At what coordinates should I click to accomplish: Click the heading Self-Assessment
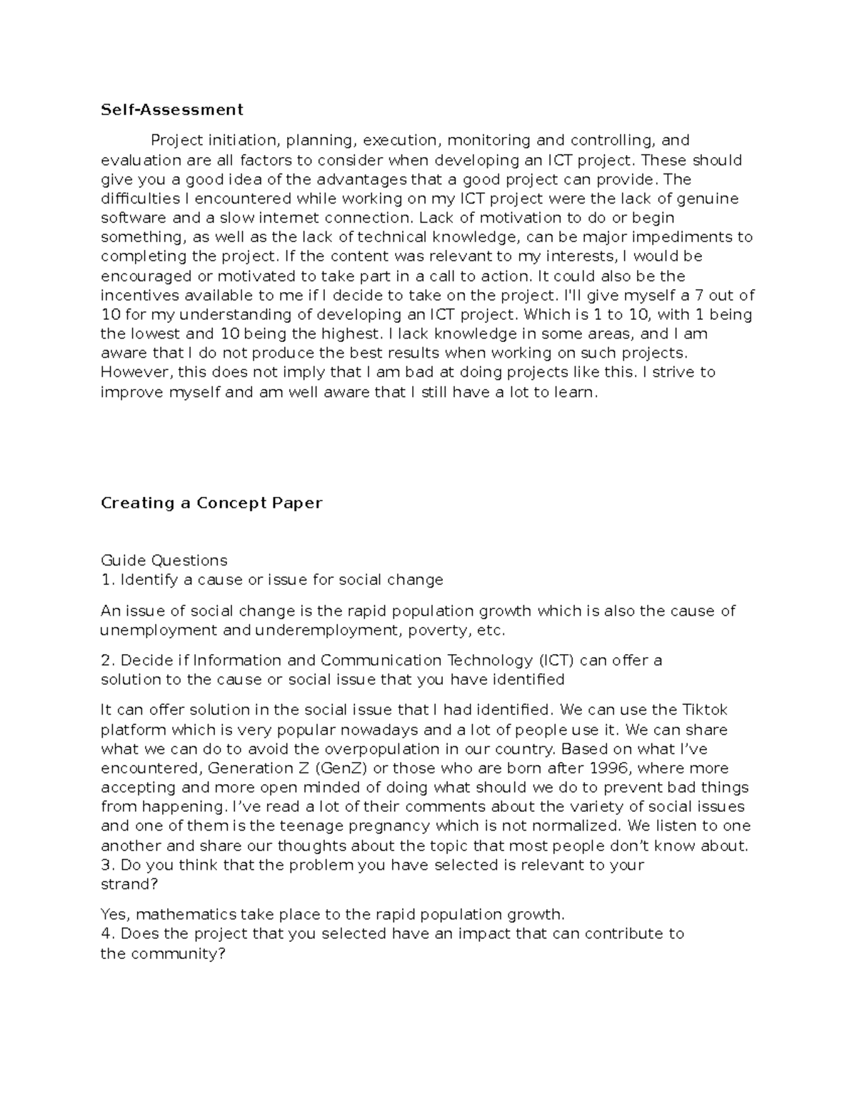[172, 109]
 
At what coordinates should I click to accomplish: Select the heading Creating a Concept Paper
[211, 503]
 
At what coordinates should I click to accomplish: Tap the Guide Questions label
[164, 560]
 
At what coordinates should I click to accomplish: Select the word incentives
[141, 296]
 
